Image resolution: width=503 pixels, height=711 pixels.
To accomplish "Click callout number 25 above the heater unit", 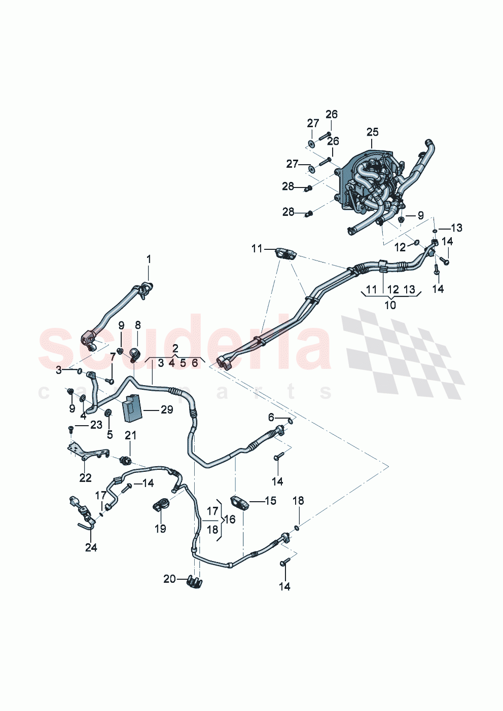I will click(372, 132).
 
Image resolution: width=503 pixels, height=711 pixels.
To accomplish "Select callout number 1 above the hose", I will click(149, 259).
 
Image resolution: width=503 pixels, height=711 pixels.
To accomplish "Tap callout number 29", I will click(167, 409).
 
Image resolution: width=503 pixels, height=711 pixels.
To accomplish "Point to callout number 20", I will click(169, 579).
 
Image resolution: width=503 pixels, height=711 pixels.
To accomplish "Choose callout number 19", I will click(160, 529).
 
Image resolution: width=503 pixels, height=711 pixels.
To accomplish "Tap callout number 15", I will click(271, 501).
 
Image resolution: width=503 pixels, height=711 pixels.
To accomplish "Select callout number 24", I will click(91, 547).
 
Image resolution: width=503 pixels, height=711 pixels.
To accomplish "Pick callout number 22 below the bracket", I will click(85, 477).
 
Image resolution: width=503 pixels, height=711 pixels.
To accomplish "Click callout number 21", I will click(131, 435).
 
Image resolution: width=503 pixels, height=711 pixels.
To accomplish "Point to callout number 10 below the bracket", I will click(390, 305).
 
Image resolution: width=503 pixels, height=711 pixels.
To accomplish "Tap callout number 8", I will click(137, 325).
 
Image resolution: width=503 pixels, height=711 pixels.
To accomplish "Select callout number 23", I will click(96, 425).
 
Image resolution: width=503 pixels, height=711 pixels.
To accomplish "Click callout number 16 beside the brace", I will click(230, 519).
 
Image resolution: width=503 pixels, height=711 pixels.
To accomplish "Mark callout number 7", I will click(113, 358).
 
